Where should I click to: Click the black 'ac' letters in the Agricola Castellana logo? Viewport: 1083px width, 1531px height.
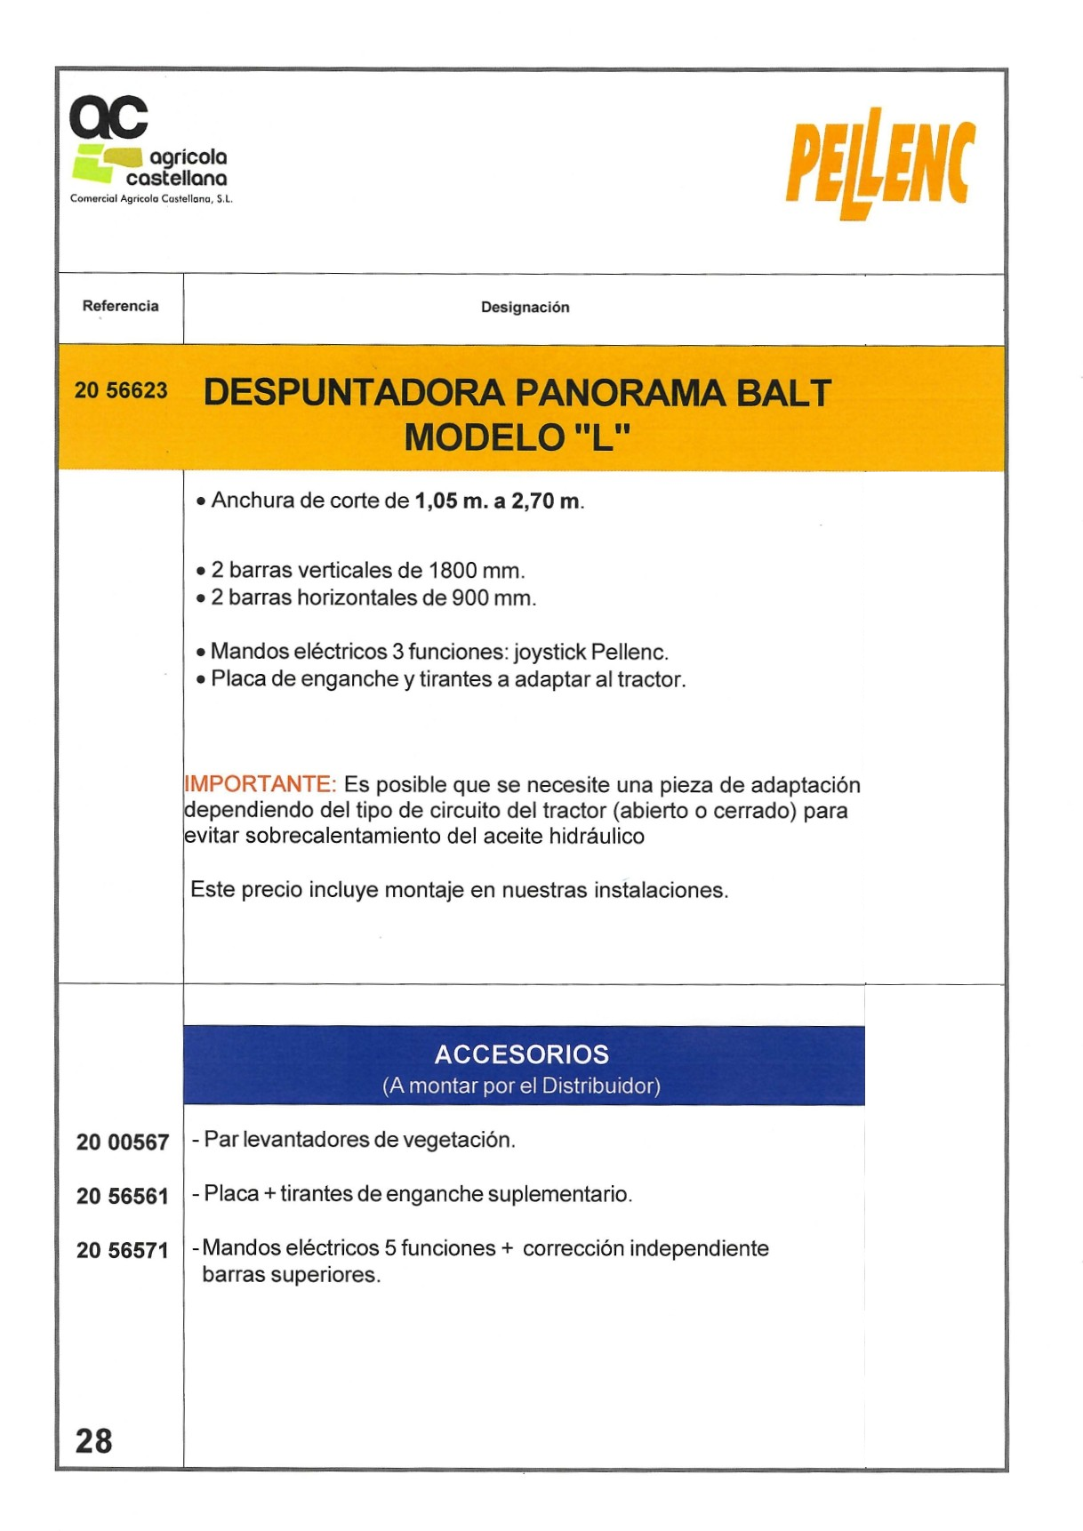click(108, 118)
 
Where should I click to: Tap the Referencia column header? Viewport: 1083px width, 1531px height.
click(120, 306)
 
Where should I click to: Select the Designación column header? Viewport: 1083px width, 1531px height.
click(525, 308)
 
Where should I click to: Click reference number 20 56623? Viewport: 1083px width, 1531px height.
click(121, 391)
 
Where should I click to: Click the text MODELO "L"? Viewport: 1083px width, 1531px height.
click(517, 437)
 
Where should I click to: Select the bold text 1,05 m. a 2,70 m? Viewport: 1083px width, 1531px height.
click(497, 501)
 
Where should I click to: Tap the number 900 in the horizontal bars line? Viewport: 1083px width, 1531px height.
click(470, 598)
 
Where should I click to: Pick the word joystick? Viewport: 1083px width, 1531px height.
click(549, 653)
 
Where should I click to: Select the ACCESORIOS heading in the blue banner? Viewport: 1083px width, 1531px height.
click(522, 1054)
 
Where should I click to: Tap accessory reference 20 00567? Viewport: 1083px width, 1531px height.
click(123, 1142)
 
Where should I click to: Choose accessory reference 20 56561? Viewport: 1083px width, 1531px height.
click(123, 1197)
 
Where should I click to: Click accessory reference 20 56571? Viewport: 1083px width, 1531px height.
click(123, 1251)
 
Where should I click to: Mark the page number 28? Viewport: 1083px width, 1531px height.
click(94, 1440)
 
